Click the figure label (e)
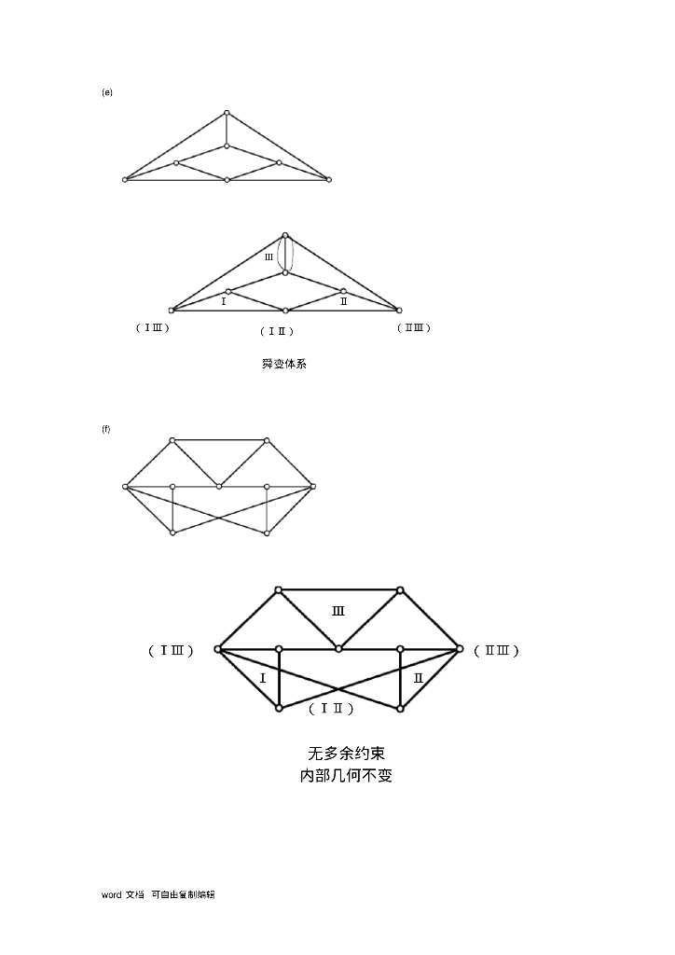click(x=107, y=92)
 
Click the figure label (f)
click(x=106, y=429)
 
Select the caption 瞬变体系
click(x=284, y=364)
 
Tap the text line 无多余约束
click(x=346, y=753)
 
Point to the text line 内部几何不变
click(x=346, y=776)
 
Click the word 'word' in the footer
click(x=111, y=894)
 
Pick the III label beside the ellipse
click(x=269, y=257)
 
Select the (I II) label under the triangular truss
click(x=277, y=331)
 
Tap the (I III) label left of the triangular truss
click(x=153, y=327)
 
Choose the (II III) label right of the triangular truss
click(x=414, y=327)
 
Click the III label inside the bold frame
click(x=338, y=612)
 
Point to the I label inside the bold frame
click(x=263, y=678)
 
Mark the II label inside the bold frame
click(x=419, y=678)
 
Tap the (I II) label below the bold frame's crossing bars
click(x=331, y=709)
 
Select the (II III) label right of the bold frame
click(x=497, y=650)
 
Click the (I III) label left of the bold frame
click(x=172, y=650)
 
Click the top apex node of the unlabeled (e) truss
click(x=227, y=114)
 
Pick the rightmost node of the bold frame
click(x=460, y=648)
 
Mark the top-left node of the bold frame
click(x=278, y=589)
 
